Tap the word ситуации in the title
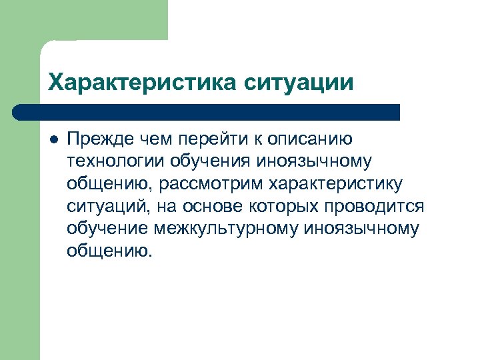coord(299,84)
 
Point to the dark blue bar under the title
coord(207,112)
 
